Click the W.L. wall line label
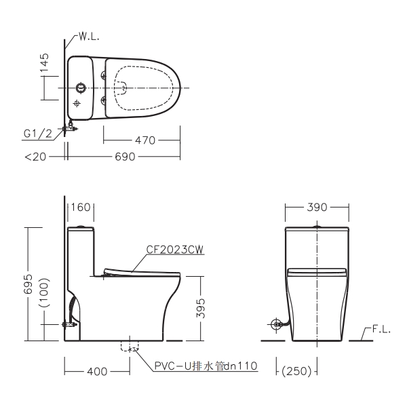pyautogui.click(x=89, y=37)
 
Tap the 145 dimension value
pyautogui.click(x=44, y=62)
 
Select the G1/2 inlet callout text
pyautogui.click(x=38, y=134)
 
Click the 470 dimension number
pyautogui.click(x=145, y=140)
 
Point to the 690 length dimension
pyautogui.click(x=125, y=157)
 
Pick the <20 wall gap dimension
pyautogui.click(x=35, y=157)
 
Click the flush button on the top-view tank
pyautogui.click(x=81, y=88)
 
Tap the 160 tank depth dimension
pyautogui.click(x=81, y=208)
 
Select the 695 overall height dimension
pyautogui.click(x=28, y=284)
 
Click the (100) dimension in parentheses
pyautogui.click(x=44, y=292)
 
